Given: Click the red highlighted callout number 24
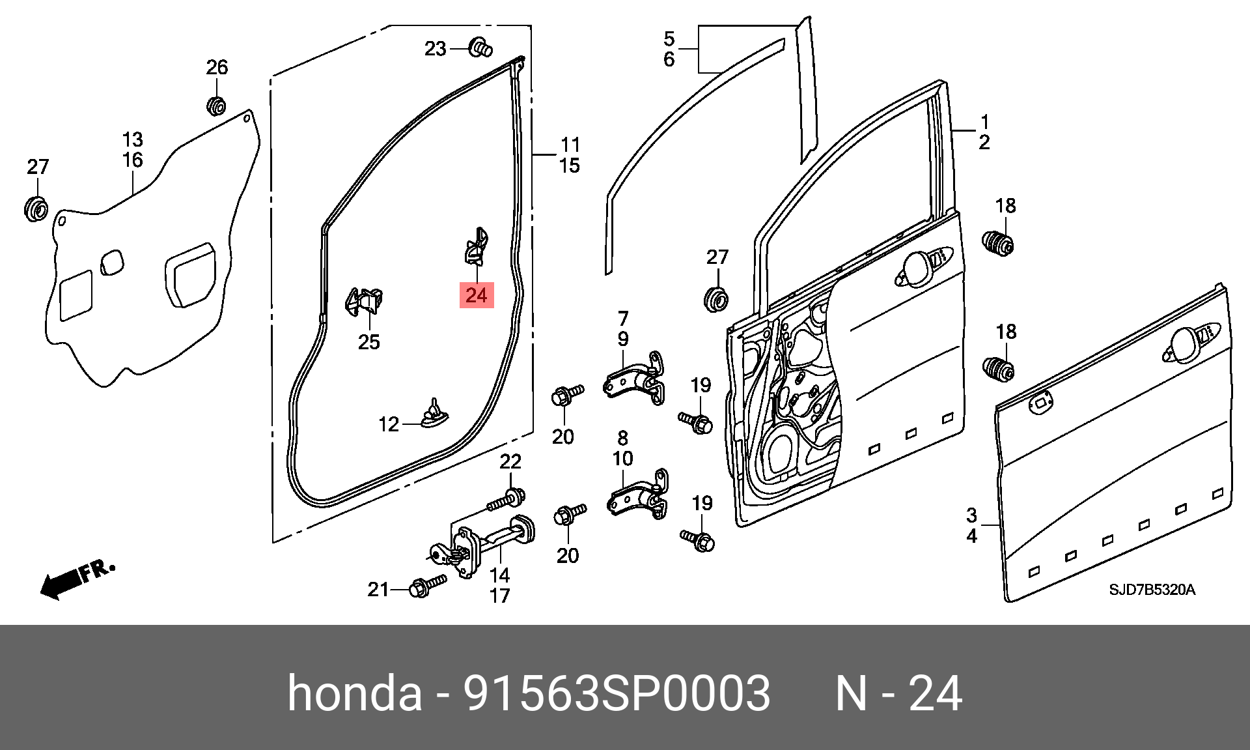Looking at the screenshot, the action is [x=477, y=295].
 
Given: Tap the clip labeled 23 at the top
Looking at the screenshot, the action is [x=480, y=48].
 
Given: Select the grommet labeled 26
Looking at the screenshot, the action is [x=216, y=105].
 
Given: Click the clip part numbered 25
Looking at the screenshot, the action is [x=363, y=302].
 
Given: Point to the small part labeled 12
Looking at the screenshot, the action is [x=434, y=414].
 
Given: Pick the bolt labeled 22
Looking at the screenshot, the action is [x=507, y=500].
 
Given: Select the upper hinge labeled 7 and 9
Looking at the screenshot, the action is [x=635, y=379].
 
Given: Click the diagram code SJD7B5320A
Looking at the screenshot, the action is [x=1152, y=590].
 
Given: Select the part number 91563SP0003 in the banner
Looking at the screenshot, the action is [x=616, y=693].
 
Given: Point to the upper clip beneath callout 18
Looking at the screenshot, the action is [x=998, y=243].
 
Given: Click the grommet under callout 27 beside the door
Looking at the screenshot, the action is [x=716, y=299].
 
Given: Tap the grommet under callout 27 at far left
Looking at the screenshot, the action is [x=35, y=209].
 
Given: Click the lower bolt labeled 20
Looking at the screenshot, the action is [x=570, y=514].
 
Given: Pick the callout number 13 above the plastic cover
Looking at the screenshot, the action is [x=133, y=139].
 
